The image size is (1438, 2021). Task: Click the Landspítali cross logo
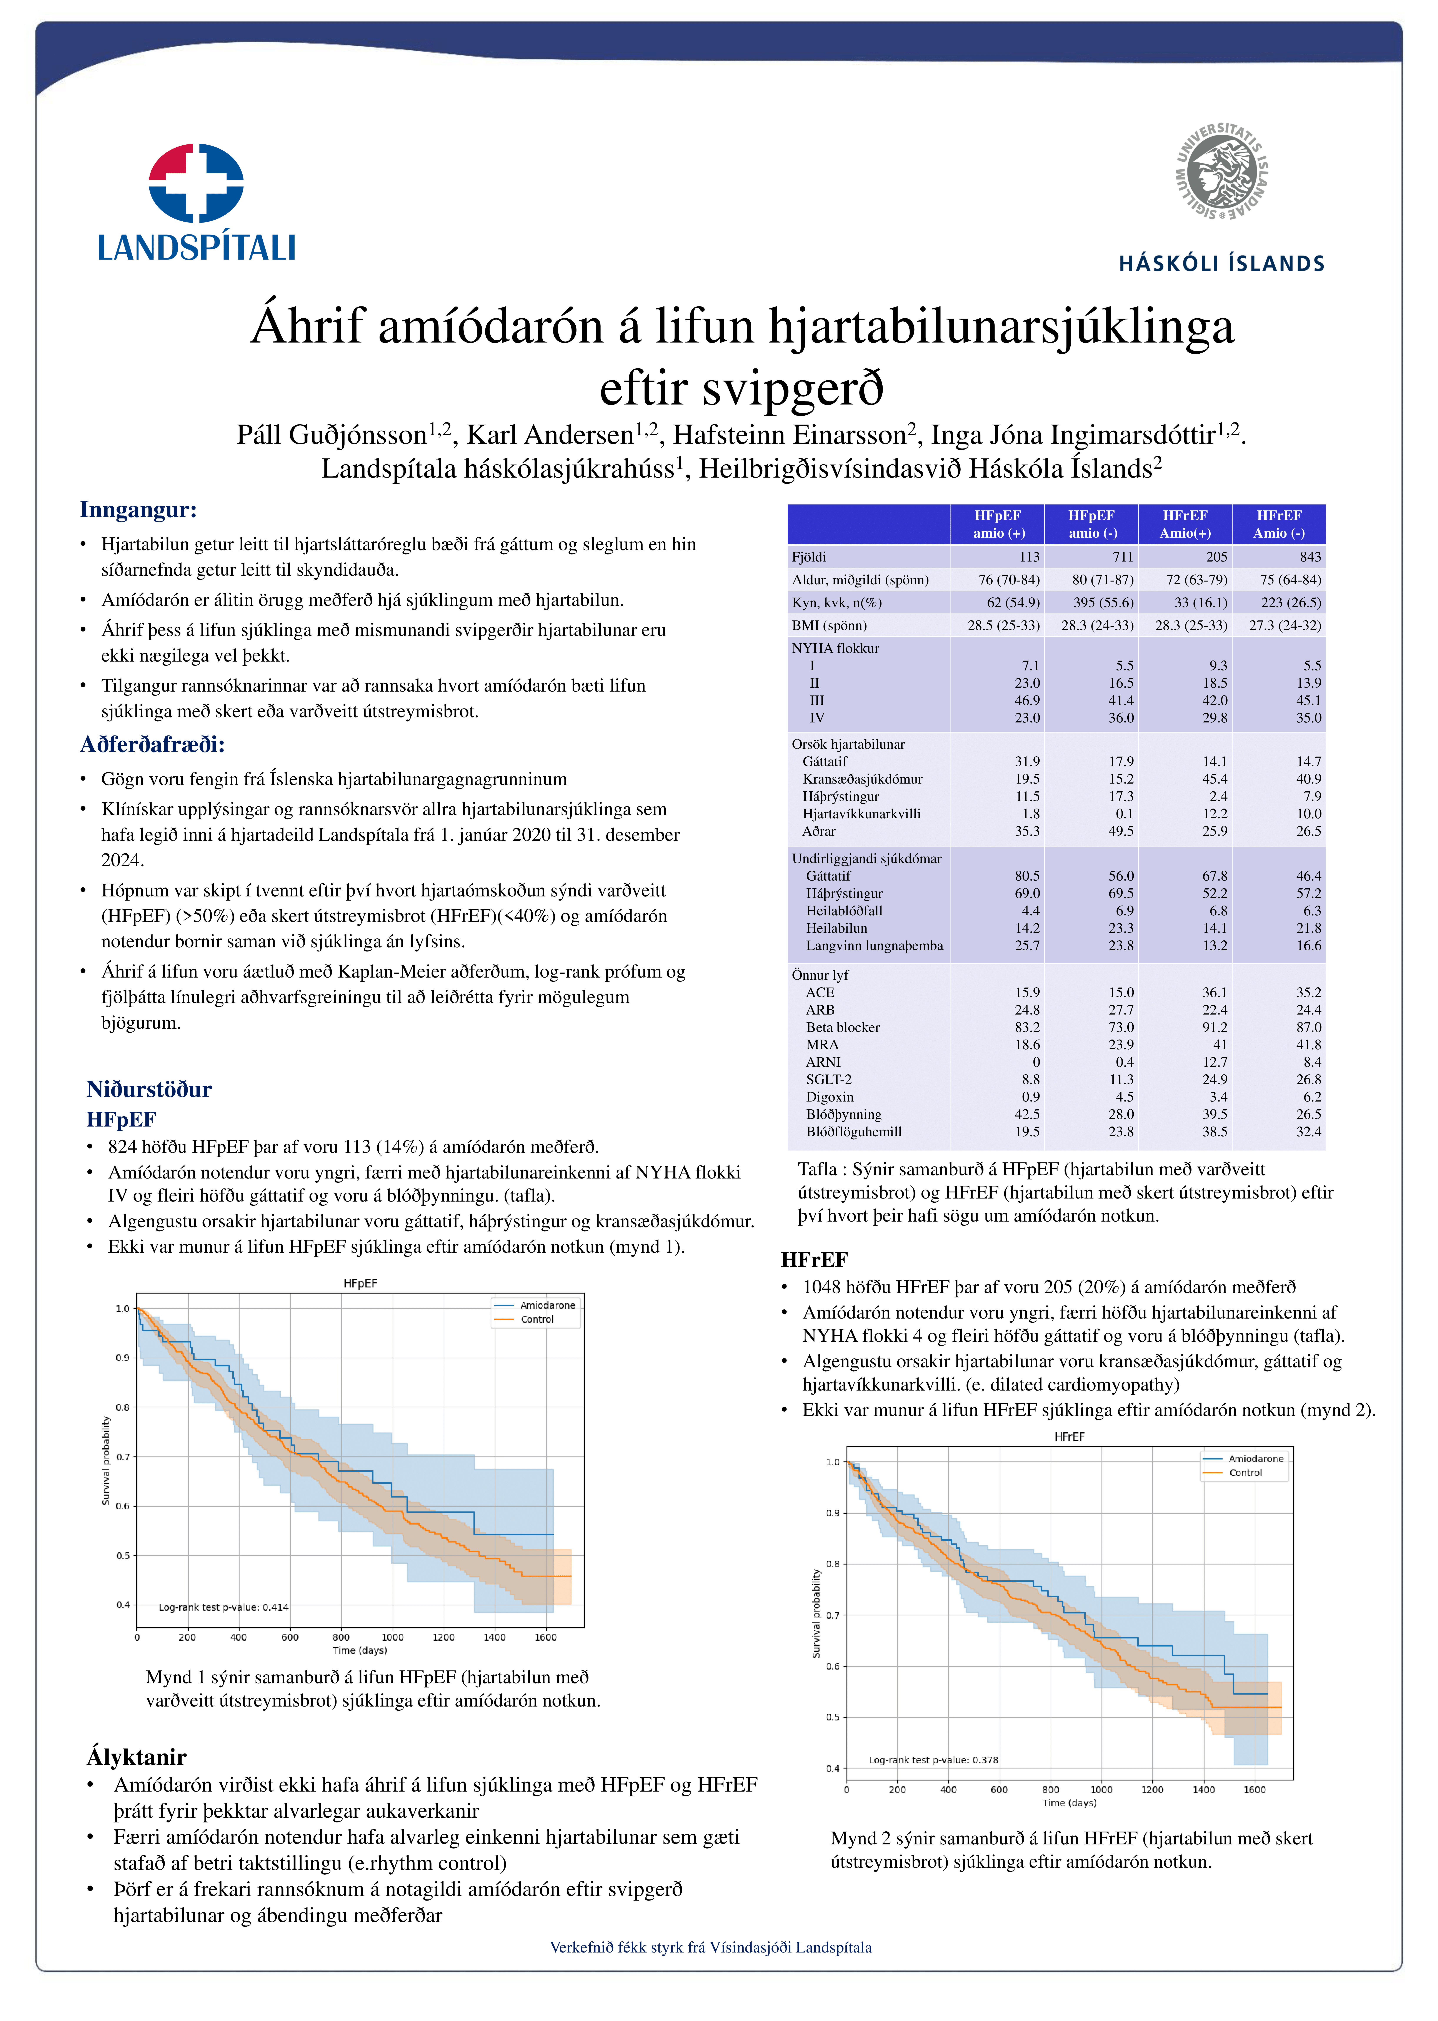pyautogui.click(x=196, y=182)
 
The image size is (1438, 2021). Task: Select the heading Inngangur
pyautogui.click(x=138, y=510)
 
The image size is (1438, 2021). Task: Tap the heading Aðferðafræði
pyautogui.click(x=152, y=745)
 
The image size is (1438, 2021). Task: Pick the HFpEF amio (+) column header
pyautogui.click(x=998, y=524)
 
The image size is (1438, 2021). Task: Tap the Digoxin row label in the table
pyautogui.click(x=830, y=1097)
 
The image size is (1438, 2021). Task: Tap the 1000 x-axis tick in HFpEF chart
pyautogui.click(x=392, y=1638)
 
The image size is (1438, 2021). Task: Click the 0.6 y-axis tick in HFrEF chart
pyautogui.click(x=832, y=1667)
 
